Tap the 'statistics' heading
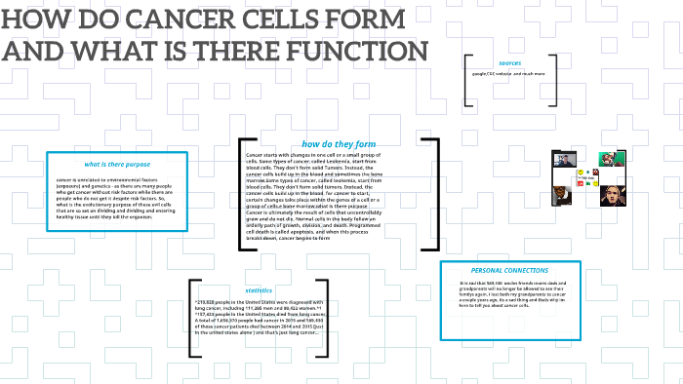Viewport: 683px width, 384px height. click(x=259, y=289)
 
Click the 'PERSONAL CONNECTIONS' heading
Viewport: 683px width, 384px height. click(x=509, y=270)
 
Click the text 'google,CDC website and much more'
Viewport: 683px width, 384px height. click(x=508, y=74)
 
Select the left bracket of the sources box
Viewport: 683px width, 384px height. click(x=468, y=84)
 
